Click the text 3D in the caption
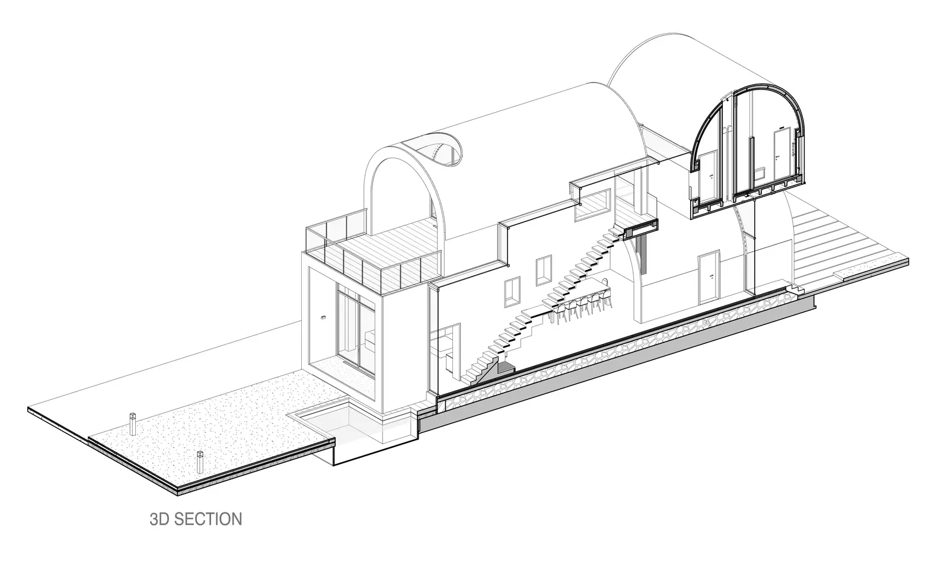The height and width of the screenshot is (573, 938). pos(159,520)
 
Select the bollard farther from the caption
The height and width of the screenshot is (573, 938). pos(132,421)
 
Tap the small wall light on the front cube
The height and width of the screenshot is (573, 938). pos(324,318)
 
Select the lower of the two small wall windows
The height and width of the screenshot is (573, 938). pos(511,291)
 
